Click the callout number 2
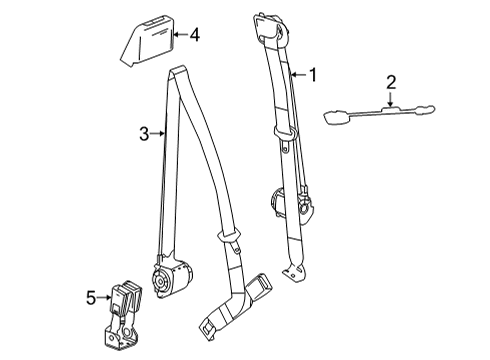coord(392,82)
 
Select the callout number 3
coord(145,132)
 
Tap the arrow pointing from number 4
coord(179,36)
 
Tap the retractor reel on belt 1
coord(277,201)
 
